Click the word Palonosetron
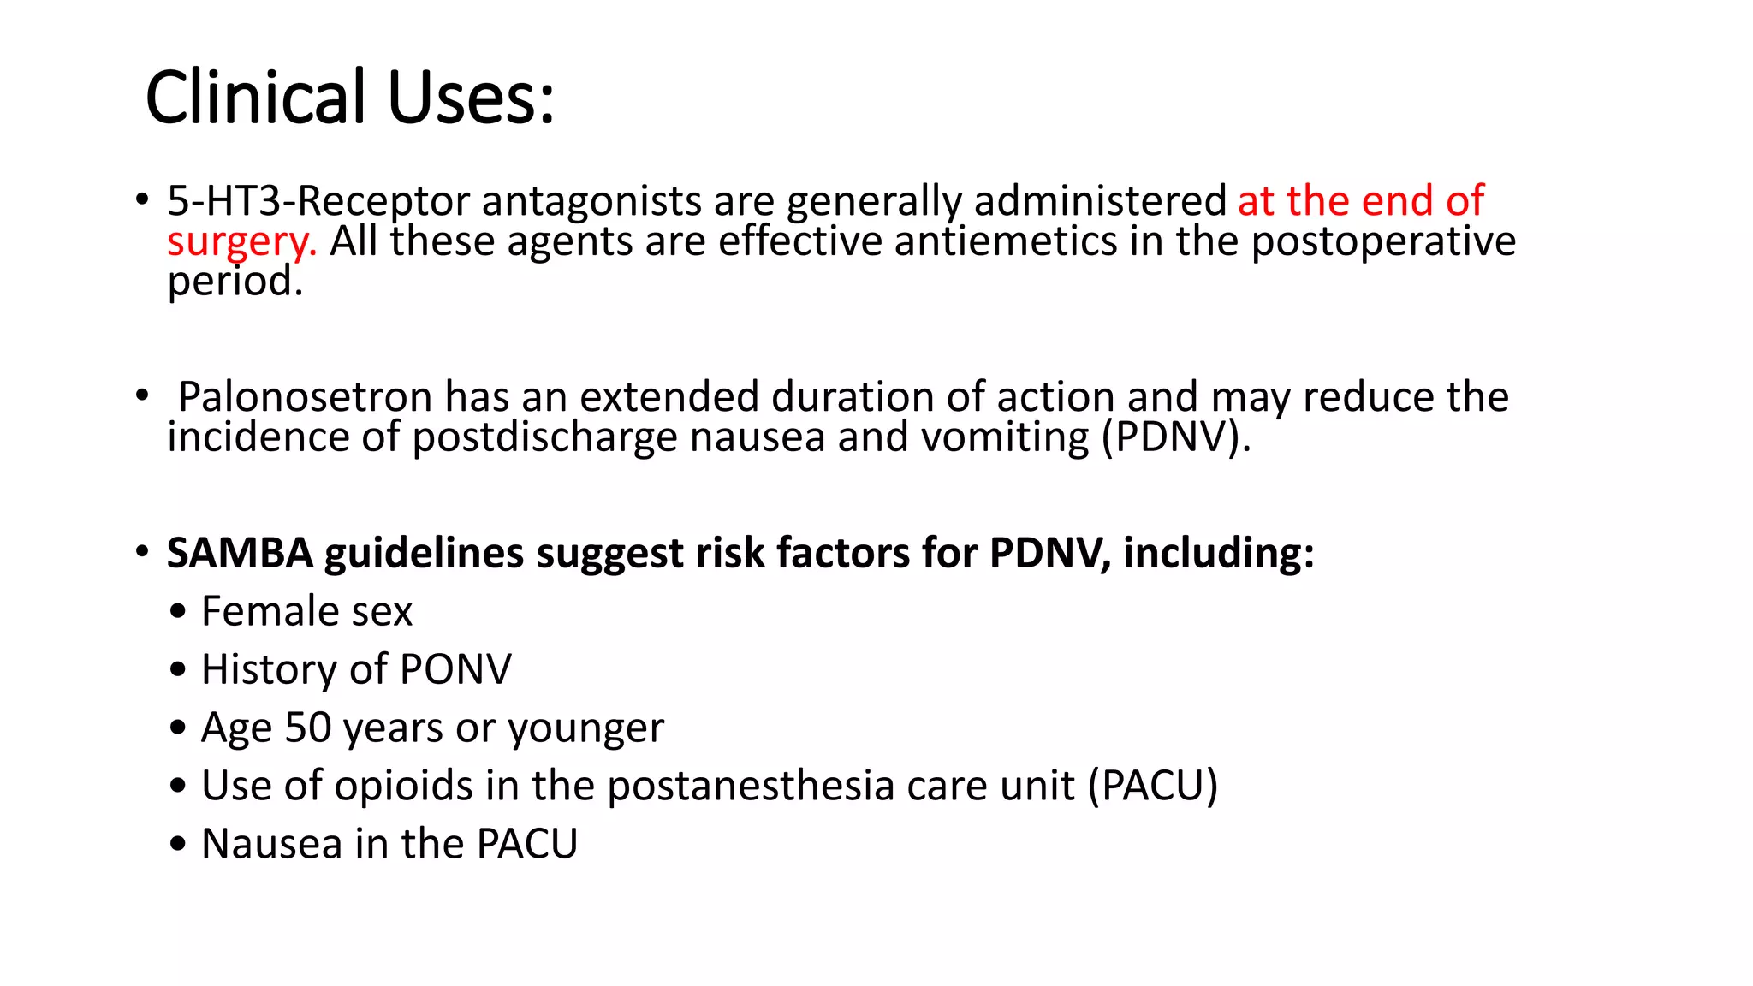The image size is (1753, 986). pyautogui.click(x=306, y=397)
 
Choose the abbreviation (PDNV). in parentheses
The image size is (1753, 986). pyautogui.click(x=1176, y=437)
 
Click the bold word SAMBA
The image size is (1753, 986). pyautogui.click(x=240, y=553)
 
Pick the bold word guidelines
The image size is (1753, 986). pyautogui.click(x=424, y=554)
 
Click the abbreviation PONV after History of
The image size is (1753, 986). pyautogui.click(x=455, y=669)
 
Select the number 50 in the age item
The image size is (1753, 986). pyautogui.click(x=308, y=728)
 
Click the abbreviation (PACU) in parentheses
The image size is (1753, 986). pyautogui.click(x=1152, y=786)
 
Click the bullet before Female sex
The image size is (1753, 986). pyautogui.click(x=177, y=613)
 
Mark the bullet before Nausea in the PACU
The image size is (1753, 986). pyautogui.click(x=177, y=846)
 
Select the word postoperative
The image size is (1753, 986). pyautogui.click(x=1383, y=241)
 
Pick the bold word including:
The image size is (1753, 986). pyautogui.click(x=1218, y=553)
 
